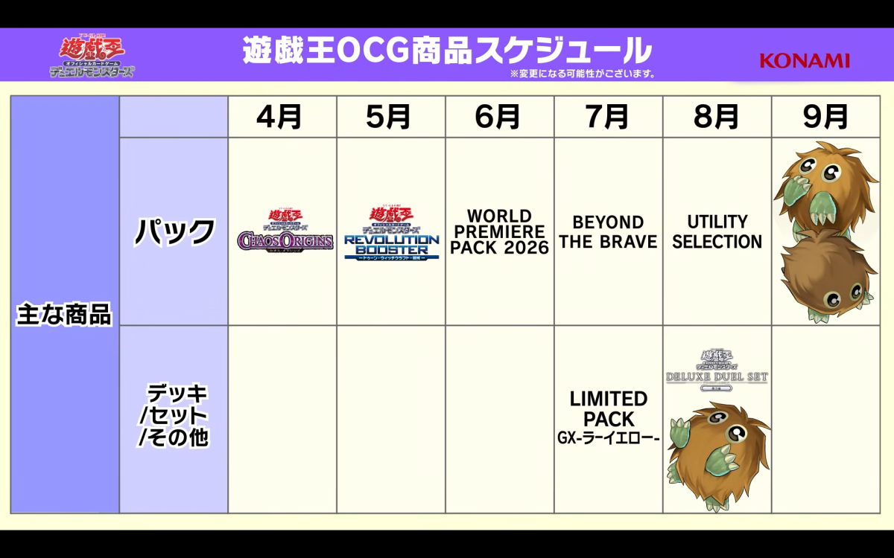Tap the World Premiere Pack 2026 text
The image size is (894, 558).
coord(499,232)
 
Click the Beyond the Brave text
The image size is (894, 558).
coord(608,232)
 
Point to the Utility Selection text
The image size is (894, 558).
coord(717,231)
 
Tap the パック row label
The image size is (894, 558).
coord(174,232)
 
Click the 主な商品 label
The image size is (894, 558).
coord(64,315)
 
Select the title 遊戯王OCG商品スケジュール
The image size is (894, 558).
coord(447,51)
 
